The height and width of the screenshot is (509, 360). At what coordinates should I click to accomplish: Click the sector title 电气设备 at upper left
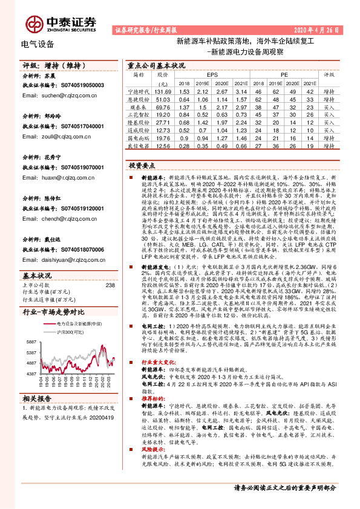pos(38,44)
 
